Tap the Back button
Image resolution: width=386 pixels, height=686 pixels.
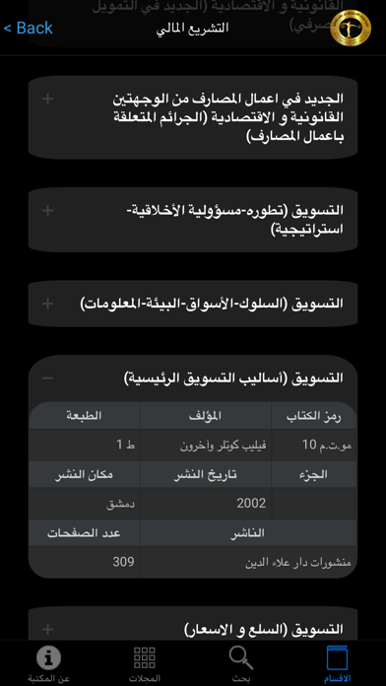click(29, 28)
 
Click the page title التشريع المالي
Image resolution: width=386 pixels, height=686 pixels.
click(192, 28)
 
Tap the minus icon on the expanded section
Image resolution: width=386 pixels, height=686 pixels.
click(48, 377)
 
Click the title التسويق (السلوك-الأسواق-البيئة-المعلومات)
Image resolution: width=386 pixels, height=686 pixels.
click(211, 304)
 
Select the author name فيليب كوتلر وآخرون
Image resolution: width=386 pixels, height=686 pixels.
click(211, 446)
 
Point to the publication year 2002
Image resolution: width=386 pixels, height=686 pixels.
click(251, 503)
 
